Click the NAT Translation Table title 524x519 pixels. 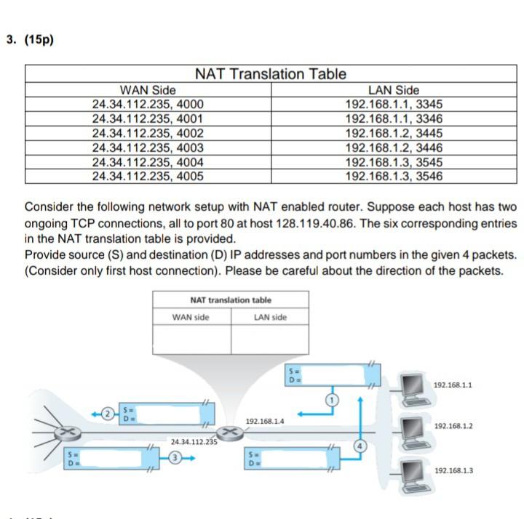pos(271,74)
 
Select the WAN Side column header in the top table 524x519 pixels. pos(148,90)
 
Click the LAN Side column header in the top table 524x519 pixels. pos(394,90)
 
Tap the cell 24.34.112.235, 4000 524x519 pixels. pos(148,104)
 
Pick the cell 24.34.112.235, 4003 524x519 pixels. pos(148,148)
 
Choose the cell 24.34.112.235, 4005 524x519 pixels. pos(148,176)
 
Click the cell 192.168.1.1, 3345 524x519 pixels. pos(394,104)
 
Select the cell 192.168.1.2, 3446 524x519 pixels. pos(394,148)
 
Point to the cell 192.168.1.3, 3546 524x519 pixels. pos(394,176)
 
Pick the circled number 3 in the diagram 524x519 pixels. pos(175,457)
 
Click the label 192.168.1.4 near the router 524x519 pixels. pos(265,421)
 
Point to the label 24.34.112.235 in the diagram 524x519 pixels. pos(194,441)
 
